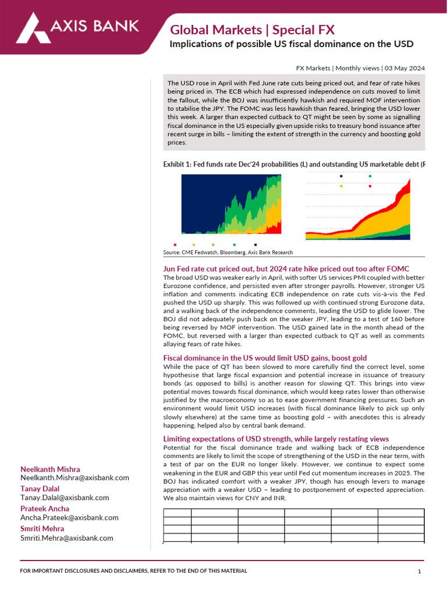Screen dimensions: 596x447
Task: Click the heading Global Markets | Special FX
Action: point(252,30)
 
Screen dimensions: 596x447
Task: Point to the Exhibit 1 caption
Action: point(294,165)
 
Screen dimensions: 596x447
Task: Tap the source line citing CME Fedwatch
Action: point(228,253)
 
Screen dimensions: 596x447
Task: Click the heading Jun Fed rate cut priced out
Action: point(286,268)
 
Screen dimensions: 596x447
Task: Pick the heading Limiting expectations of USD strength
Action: point(276,438)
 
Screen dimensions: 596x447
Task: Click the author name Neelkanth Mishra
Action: point(50,469)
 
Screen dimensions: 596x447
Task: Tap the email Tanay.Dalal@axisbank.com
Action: point(65,498)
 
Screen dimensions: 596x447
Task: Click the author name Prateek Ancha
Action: point(45,509)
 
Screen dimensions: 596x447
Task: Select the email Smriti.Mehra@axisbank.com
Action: point(67,538)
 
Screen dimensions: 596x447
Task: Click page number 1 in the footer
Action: point(419,572)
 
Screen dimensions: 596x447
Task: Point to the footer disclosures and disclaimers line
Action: point(133,571)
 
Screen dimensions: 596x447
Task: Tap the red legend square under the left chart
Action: point(175,245)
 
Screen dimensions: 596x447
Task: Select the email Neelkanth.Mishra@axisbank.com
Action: point(74,478)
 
